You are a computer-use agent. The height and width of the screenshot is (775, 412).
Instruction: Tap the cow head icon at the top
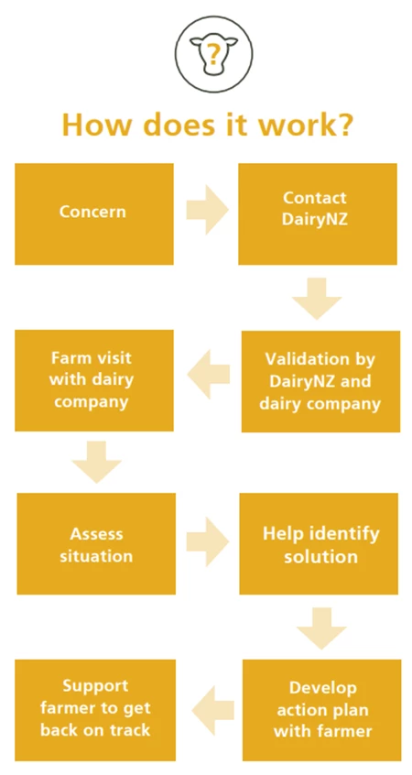(x=213, y=53)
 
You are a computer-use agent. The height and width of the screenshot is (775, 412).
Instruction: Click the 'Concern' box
(x=94, y=214)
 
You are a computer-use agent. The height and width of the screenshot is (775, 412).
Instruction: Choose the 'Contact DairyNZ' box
(x=318, y=214)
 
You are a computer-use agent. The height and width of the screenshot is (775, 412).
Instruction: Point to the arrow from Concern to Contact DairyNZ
(x=207, y=210)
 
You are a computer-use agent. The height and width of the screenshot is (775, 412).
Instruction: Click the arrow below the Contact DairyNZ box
(x=317, y=299)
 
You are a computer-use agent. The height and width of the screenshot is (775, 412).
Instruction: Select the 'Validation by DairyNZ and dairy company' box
(x=320, y=381)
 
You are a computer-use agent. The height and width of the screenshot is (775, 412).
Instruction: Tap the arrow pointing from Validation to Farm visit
(x=209, y=374)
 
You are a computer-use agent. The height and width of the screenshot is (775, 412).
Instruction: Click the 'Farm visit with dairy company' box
(x=94, y=380)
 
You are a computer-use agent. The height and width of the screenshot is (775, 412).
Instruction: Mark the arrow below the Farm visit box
(x=96, y=462)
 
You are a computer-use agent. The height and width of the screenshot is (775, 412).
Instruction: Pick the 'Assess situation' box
(x=96, y=543)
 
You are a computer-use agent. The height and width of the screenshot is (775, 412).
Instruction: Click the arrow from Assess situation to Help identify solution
(x=208, y=541)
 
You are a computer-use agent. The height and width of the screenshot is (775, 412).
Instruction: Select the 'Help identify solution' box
(x=319, y=543)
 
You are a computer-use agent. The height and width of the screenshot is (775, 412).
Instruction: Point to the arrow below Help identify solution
(x=321, y=628)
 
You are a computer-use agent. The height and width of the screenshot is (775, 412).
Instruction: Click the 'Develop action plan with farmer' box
(x=321, y=710)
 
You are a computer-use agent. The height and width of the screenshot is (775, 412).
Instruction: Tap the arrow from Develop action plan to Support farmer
(x=213, y=710)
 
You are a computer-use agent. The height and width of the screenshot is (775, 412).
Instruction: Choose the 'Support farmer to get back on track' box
(x=95, y=710)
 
